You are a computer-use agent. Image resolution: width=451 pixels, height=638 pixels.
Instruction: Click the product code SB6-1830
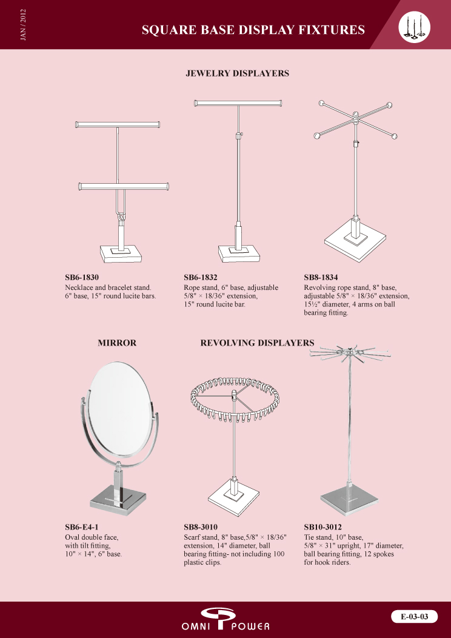point(82,278)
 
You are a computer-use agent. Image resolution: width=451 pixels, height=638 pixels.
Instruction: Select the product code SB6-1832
point(201,278)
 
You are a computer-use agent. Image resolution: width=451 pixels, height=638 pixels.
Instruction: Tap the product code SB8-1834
point(321,278)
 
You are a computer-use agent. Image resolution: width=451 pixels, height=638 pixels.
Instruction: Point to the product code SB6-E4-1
point(82,528)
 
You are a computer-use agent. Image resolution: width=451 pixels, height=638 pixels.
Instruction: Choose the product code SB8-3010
point(201,528)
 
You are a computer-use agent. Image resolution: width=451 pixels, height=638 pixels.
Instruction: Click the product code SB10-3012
point(323,528)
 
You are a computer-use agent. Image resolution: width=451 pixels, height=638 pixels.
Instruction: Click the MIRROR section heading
point(117,343)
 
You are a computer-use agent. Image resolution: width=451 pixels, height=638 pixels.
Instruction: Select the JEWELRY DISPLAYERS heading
point(238,73)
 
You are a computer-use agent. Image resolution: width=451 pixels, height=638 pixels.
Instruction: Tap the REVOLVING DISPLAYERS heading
point(258,343)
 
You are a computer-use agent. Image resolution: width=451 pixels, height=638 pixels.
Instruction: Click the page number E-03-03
point(415,616)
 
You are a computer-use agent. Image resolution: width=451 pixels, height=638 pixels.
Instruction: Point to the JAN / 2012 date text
point(23,25)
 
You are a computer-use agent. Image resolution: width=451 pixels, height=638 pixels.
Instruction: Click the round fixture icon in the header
point(415,27)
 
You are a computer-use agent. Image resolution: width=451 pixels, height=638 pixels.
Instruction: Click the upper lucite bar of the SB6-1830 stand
point(118,124)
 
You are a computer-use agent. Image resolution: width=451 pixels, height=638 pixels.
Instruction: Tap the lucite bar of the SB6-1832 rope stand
point(238,103)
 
